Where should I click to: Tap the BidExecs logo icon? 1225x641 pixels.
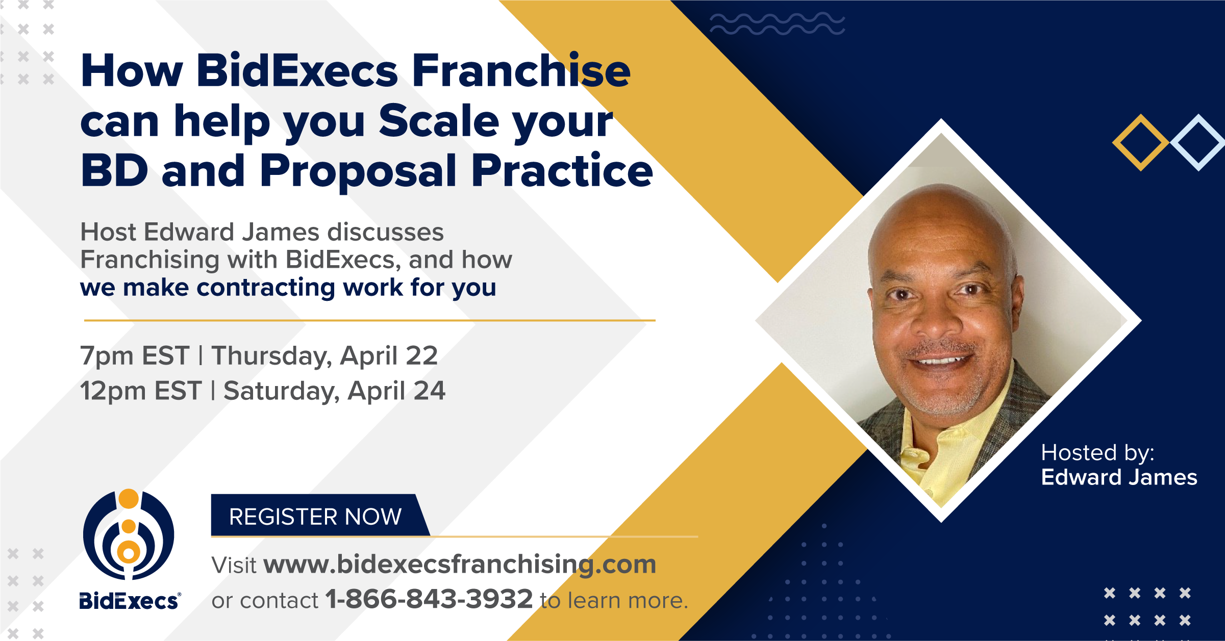(129, 534)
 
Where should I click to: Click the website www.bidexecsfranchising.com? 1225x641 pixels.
(460, 565)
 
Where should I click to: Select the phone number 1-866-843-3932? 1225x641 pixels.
(429, 599)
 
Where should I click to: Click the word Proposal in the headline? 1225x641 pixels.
(358, 171)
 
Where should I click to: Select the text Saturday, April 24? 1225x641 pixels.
(335, 392)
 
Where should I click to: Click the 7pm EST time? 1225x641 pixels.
(135, 356)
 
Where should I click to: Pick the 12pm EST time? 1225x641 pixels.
(141, 391)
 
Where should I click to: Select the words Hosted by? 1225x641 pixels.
(1097, 453)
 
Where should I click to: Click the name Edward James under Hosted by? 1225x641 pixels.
(1119, 477)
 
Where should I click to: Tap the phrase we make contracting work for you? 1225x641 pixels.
(288, 288)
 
